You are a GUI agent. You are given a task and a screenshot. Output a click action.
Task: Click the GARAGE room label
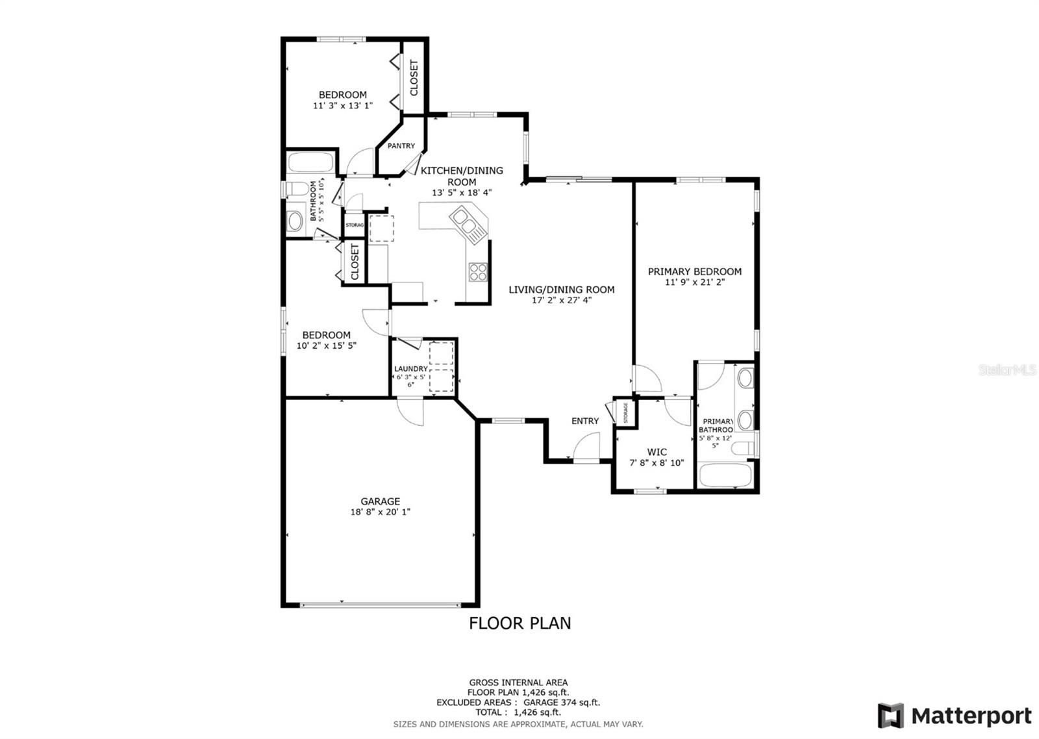pos(380,501)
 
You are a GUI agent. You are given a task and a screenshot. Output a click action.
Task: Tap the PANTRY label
pos(401,146)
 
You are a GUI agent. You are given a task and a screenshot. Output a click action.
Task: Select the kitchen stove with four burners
pos(479,271)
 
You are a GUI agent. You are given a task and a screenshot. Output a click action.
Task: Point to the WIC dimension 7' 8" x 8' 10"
pos(657,463)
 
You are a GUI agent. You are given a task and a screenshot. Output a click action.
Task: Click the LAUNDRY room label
pos(410,369)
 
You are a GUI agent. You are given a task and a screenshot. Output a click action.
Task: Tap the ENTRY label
pos(584,421)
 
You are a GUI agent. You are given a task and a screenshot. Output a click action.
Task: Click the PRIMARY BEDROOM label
pos(694,271)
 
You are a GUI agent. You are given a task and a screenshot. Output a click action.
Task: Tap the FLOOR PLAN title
pos(519,623)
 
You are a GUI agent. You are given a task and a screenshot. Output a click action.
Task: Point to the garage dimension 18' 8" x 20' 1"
pos(380,512)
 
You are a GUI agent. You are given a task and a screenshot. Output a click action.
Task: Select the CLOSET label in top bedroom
pos(414,78)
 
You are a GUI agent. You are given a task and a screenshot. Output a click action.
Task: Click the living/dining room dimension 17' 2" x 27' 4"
pos(561,300)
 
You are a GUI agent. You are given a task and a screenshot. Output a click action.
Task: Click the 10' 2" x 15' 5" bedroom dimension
pos(326,345)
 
